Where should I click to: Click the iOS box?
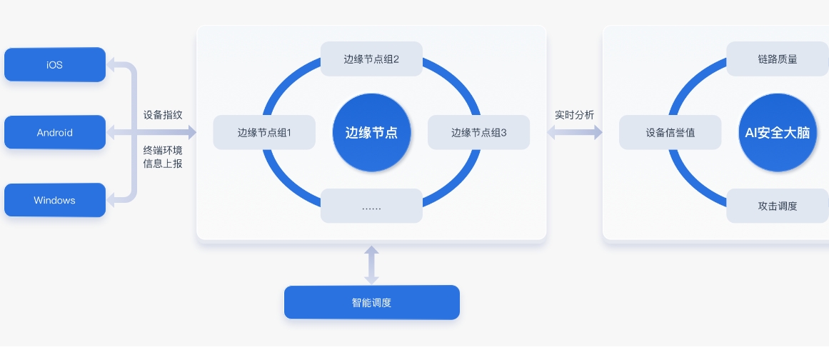(55, 65)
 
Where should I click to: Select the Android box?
(55, 133)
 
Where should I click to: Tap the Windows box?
(55, 200)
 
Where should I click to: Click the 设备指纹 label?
(163, 114)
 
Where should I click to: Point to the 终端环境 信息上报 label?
(163, 156)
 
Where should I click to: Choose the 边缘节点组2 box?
(371, 59)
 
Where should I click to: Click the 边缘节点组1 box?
(264, 133)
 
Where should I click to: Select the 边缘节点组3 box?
(478, 133)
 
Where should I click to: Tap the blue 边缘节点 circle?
(371, 133)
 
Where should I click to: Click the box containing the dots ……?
(371, 206)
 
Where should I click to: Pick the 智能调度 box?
(371, 303)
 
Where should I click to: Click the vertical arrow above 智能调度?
(371, 264)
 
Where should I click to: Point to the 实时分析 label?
(575, 114)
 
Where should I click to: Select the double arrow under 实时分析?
(575, 133)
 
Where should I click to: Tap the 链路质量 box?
(778, 59)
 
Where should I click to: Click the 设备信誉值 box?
(670, 133)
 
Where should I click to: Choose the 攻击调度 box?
(778, 206)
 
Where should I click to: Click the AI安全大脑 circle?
(778, 133)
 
